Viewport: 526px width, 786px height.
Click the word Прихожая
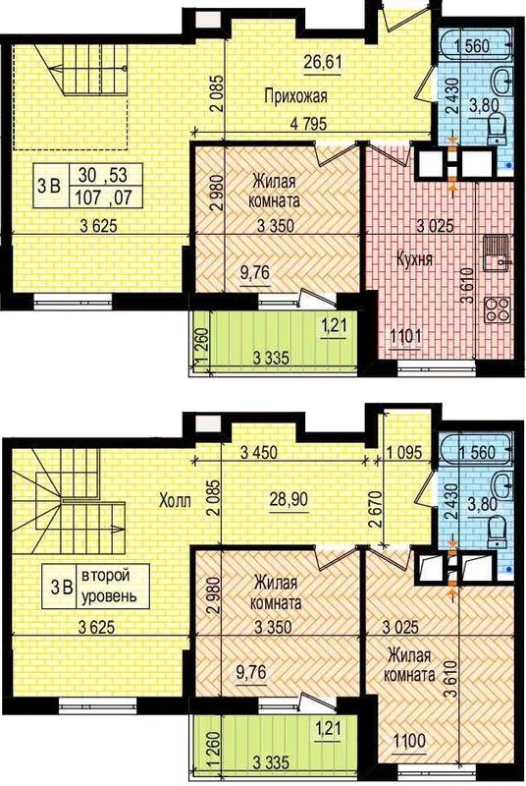[295, 95]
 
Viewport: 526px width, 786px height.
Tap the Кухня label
[414, 259]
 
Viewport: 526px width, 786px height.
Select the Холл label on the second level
[175, 500]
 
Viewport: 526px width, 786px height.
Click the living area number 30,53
[103, 175]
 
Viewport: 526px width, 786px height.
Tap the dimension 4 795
[309, 124]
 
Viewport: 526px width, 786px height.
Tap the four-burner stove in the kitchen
[497, 309]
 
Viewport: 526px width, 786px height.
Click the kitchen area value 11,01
[406, 336]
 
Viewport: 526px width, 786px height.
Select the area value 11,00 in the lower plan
[409, 740]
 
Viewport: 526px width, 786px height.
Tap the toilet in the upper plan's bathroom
[498, 126]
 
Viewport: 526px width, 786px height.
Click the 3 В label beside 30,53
[48, 187]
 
